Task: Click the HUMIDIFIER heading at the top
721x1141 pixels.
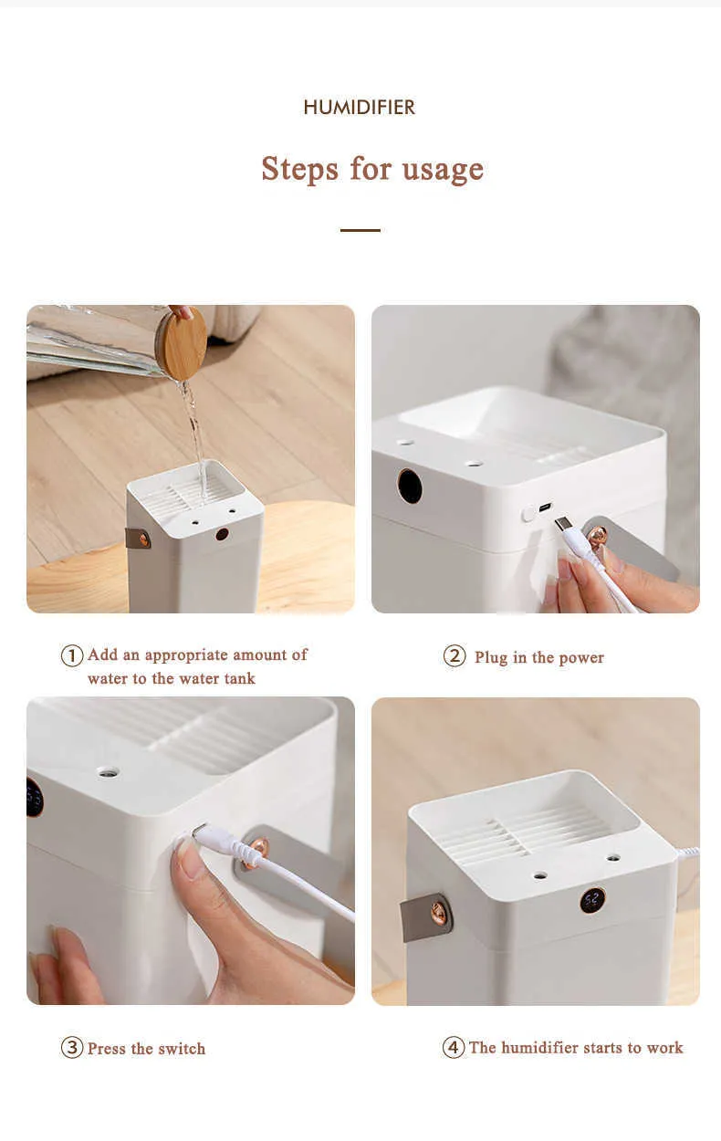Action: click(360, 107)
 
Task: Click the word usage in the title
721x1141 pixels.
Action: click(443, 170)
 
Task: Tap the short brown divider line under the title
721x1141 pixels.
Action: click(360, 230)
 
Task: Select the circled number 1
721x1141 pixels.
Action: click(72, 655)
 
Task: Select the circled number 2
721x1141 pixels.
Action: click(455, 655)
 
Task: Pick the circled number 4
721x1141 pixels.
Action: click(454, 1047)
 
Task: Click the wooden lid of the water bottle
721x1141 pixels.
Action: click(183, 343)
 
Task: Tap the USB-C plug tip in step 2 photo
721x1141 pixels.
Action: click(561, 524)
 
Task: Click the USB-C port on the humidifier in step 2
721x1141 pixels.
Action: click(545, 508)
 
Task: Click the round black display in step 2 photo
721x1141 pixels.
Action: click(410, 486)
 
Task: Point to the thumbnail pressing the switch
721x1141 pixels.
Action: click(190, 862)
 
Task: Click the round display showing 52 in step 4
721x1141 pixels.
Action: click(592, 901)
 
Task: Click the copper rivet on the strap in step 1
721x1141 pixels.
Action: click(143, 539)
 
